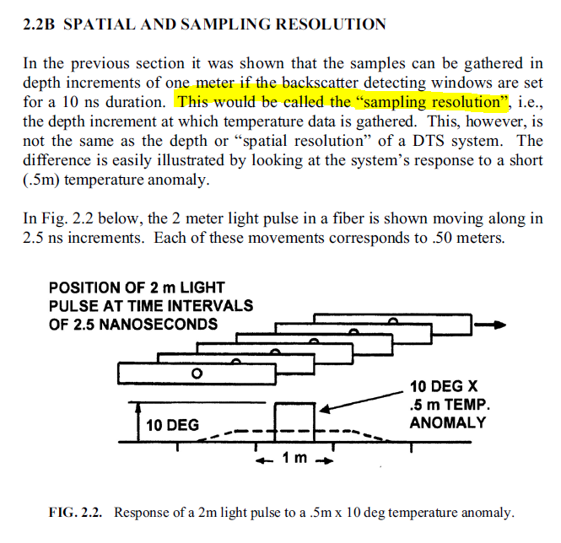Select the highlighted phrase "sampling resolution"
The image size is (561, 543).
click(x=443, y=102)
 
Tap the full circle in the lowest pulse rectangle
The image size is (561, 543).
click(x=197, y=373)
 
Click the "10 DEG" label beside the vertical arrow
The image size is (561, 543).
click(x=172, y=425)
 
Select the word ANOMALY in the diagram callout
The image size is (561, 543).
click(x=448, y=422)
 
